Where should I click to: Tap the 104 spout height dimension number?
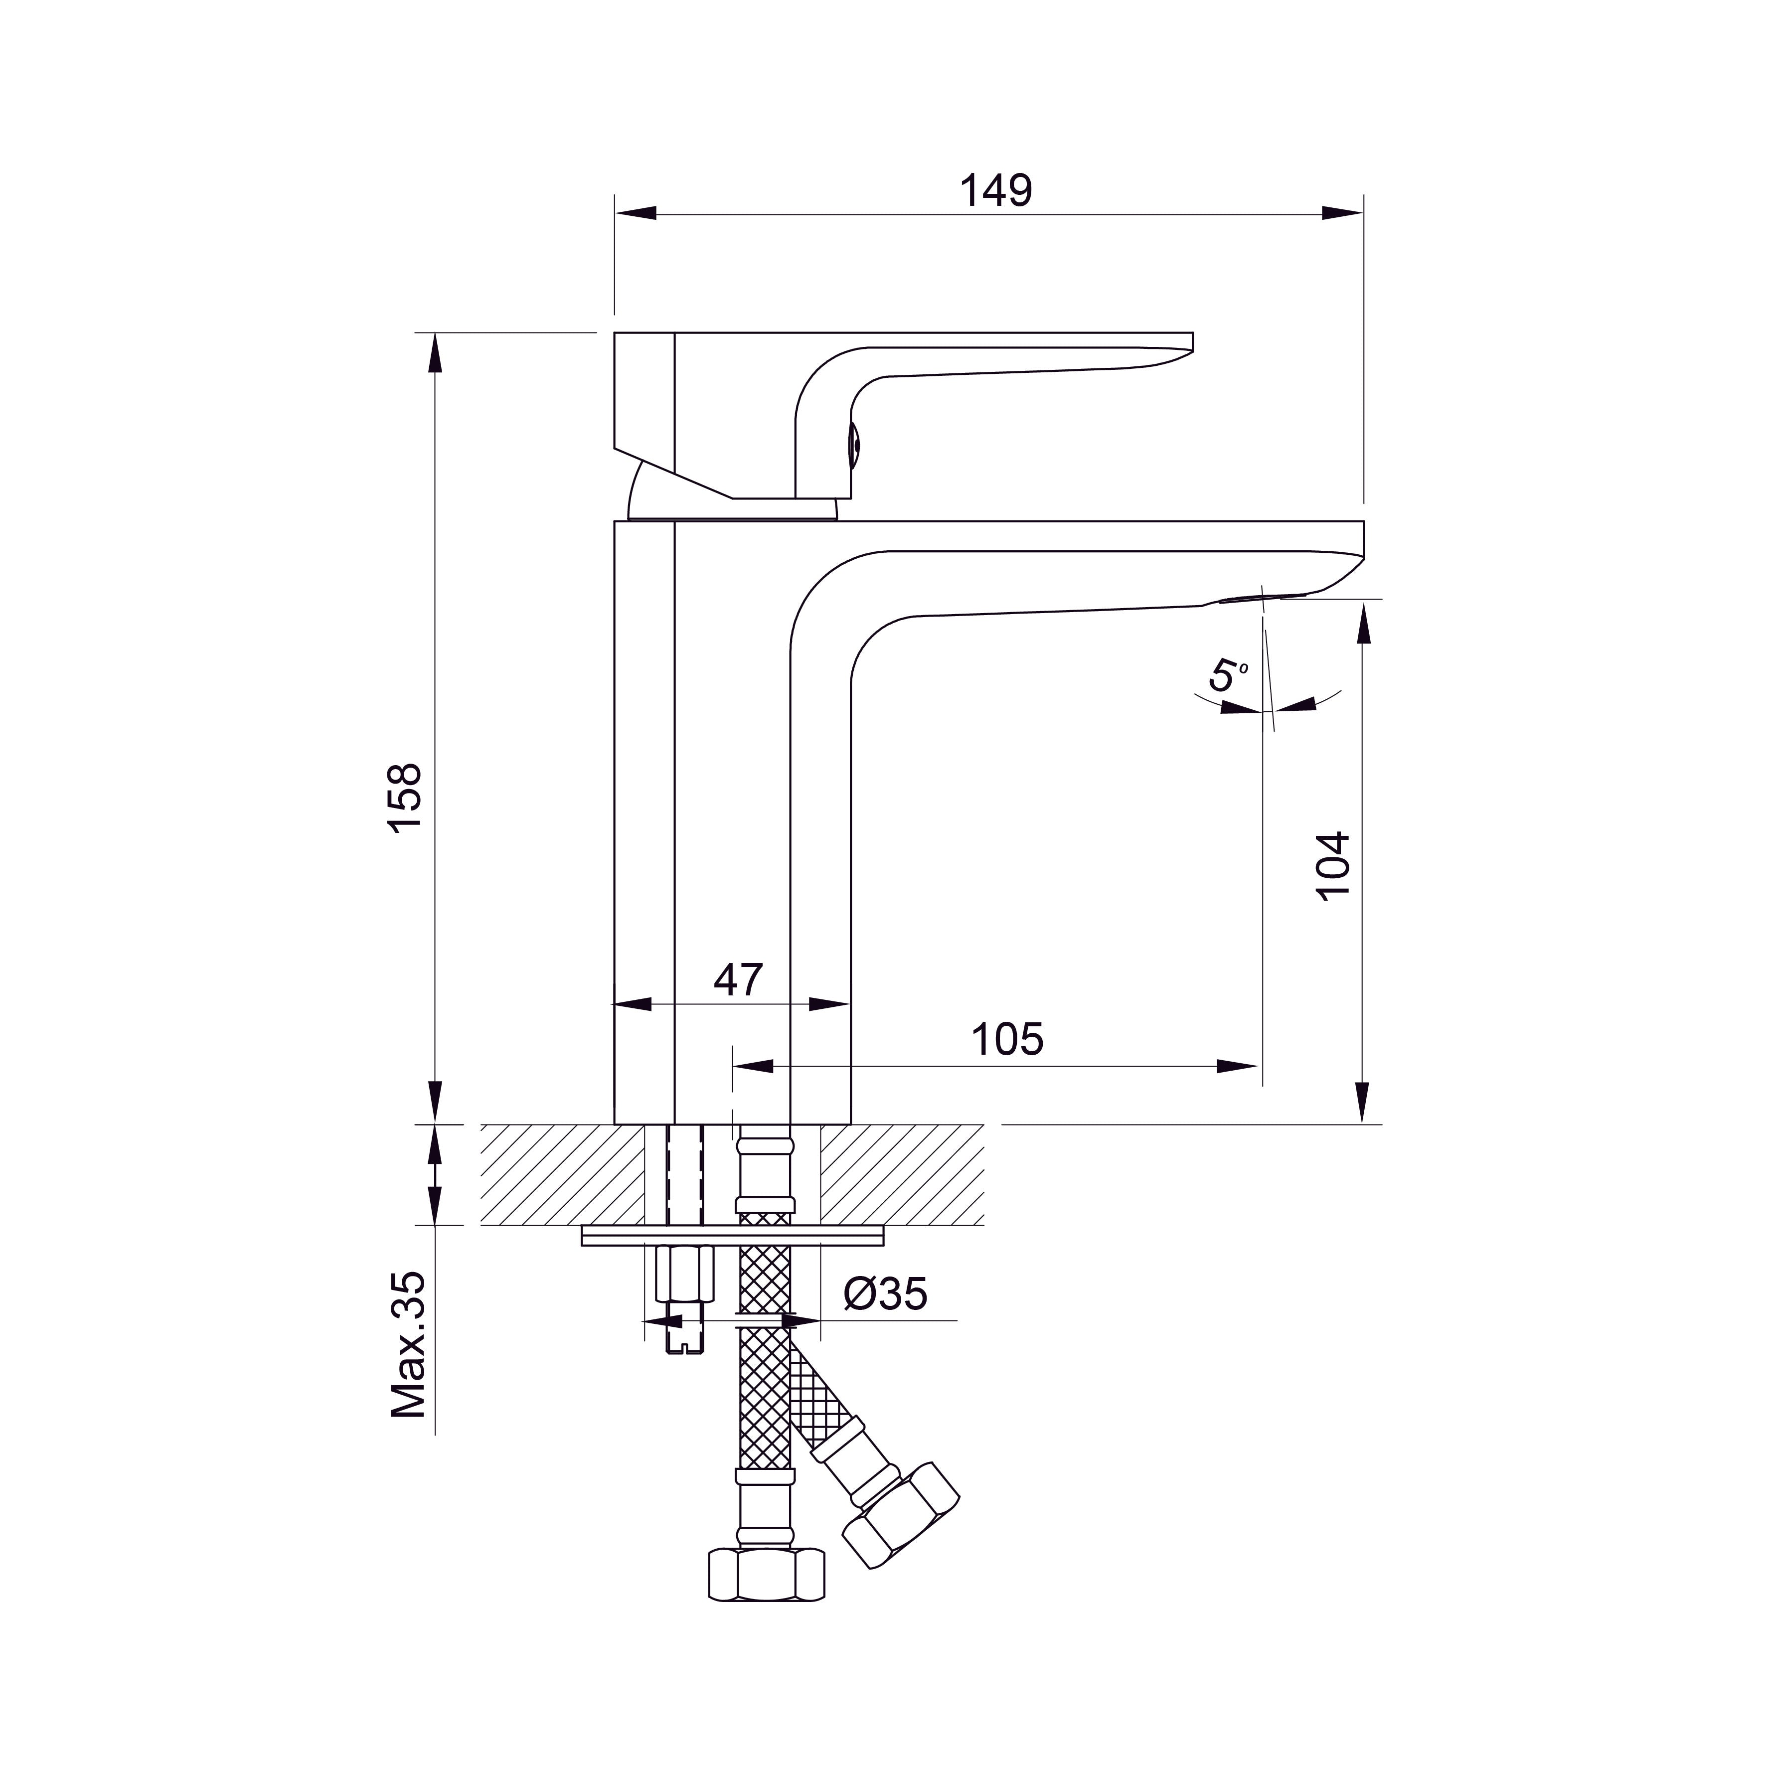click(x=1334, y=866)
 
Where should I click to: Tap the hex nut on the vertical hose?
click(x=766, y=1574)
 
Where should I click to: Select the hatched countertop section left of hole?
click(x=562, y=1174)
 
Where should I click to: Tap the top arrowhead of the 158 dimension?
click(x=435, y=352)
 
